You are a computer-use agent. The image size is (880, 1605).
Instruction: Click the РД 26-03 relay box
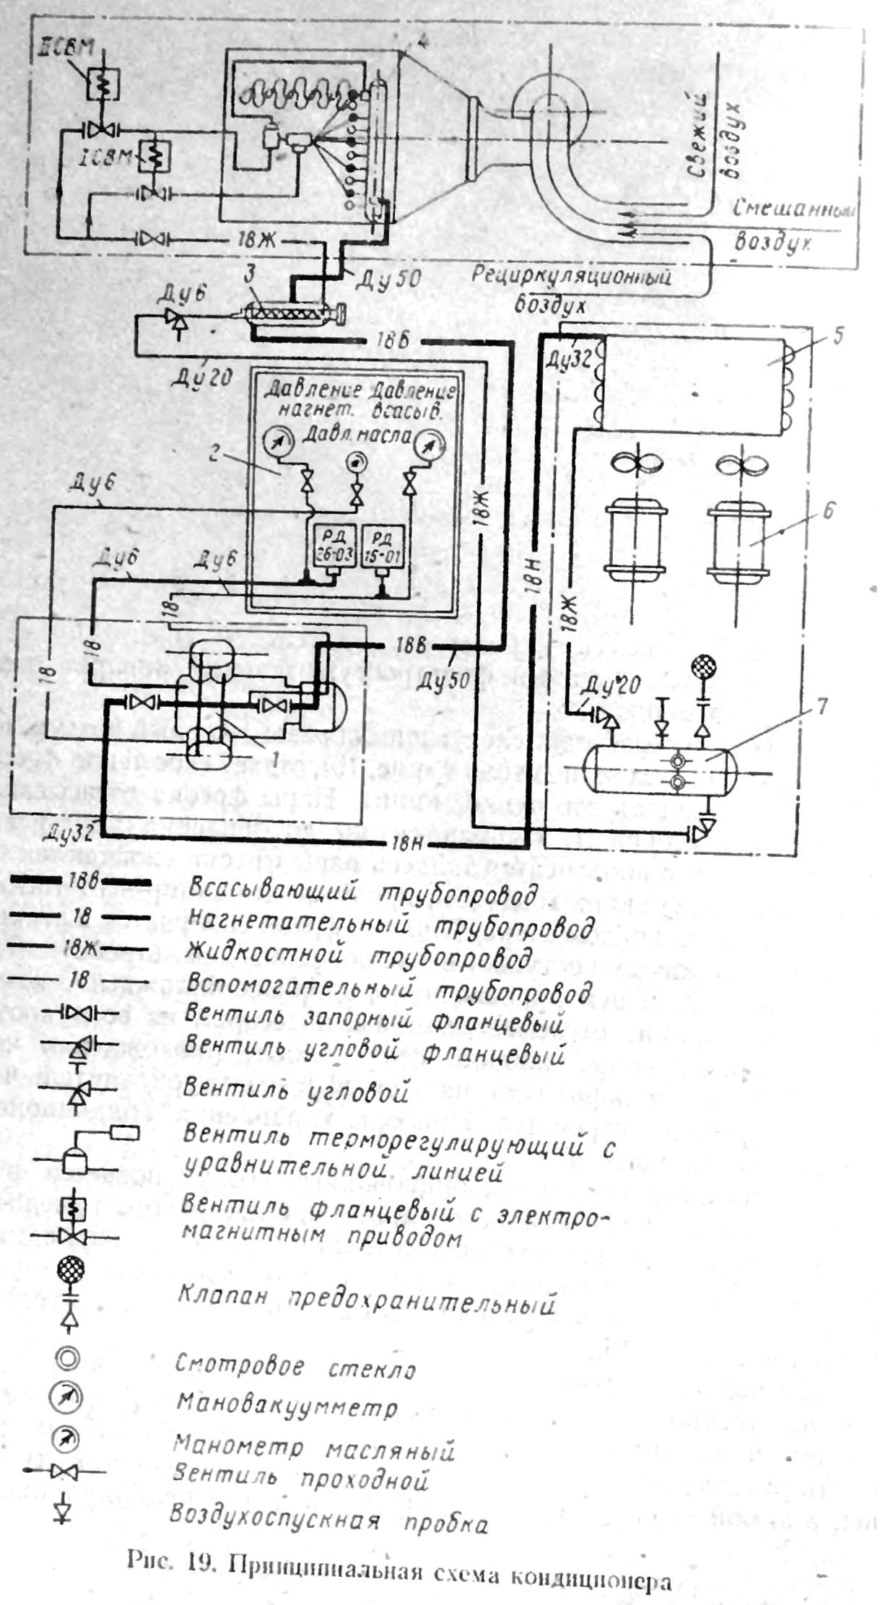click(x=332, y=545)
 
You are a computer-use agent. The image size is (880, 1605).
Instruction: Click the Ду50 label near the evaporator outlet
click(x=389, y=277)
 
